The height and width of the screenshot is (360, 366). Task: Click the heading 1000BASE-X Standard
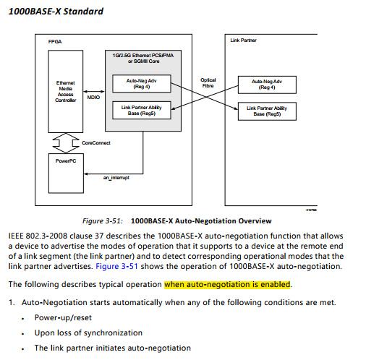click(55, 12)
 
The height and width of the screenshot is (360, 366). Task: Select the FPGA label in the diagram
click(55, 41)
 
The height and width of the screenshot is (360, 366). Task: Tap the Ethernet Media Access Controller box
click(65, 92)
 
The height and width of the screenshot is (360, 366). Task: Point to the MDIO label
click(93, 96)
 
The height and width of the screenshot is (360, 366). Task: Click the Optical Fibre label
click(208, 83)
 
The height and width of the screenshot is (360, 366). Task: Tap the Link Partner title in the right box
click(243, 40)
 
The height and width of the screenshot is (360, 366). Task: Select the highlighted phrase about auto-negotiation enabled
click(227, 284)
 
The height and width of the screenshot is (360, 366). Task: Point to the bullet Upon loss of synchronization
click(88, 333)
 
